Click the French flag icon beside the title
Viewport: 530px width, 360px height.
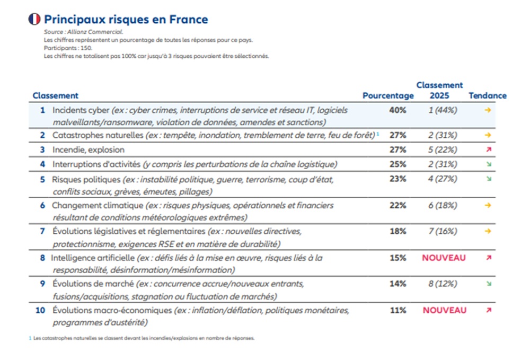34,20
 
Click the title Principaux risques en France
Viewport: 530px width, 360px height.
126,20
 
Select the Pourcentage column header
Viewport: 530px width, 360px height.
388,96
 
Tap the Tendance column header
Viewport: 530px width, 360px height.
488,96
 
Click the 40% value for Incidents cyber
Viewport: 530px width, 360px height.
397,110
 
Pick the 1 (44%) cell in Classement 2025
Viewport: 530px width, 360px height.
443,110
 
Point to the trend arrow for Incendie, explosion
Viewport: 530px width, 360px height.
488,150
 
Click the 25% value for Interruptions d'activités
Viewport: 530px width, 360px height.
397,164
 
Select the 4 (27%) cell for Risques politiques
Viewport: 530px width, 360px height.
443,179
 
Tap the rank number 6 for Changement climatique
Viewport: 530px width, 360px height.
43,205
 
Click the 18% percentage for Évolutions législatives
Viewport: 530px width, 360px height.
397,231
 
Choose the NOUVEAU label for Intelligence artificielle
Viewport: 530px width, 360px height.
444,258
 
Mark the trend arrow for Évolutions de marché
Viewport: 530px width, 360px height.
488,284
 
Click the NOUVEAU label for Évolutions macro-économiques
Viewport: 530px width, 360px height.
444,310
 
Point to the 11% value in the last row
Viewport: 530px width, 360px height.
397,310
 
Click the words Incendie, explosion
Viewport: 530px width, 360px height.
88,150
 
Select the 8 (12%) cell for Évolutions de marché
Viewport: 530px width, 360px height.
443,284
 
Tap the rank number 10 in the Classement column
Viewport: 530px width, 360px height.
41,310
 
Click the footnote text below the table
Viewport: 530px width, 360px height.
143,338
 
